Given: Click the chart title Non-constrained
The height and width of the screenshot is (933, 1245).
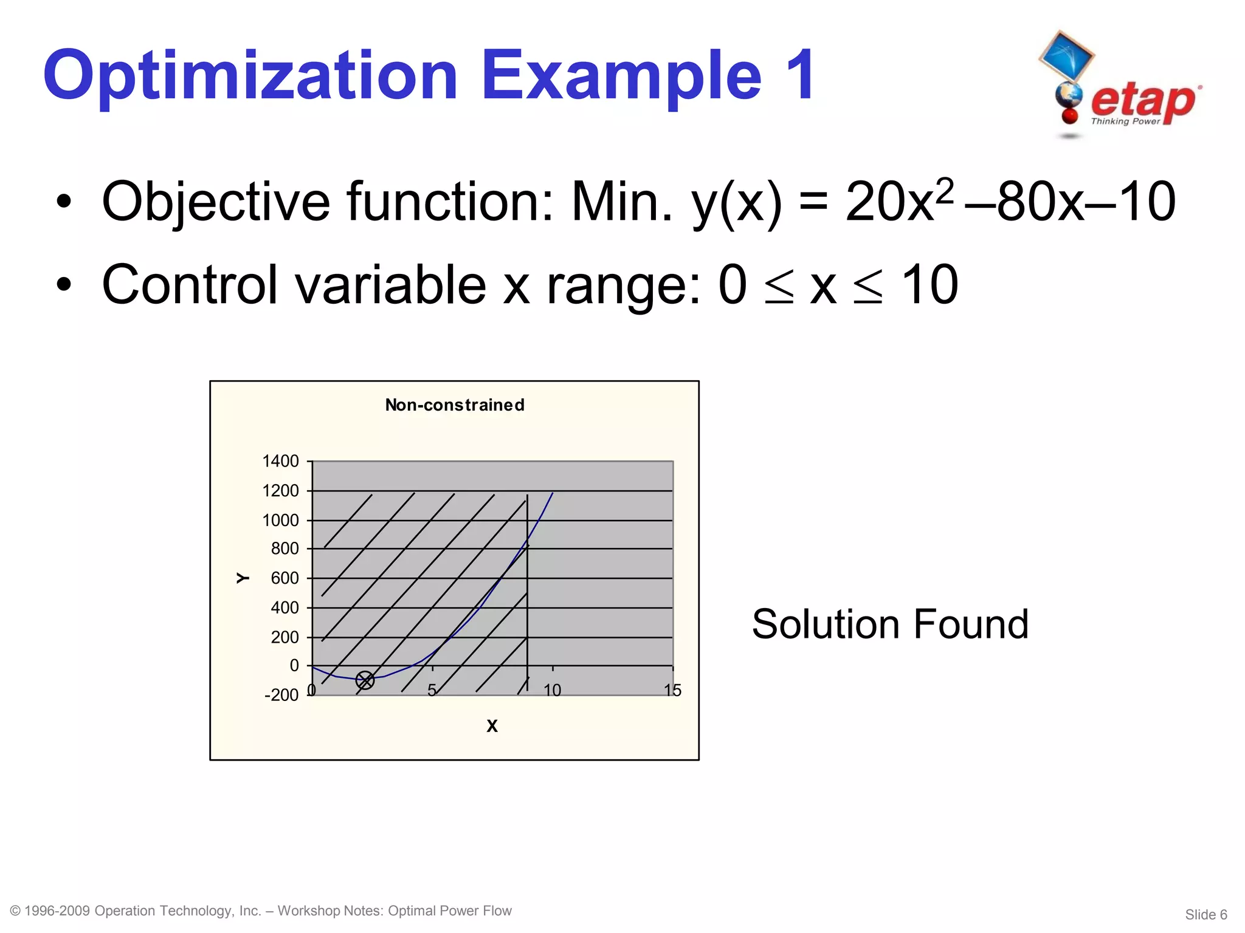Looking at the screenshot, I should click(455, 405).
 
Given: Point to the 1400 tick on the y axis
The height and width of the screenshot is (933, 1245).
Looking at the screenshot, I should click(280, 461).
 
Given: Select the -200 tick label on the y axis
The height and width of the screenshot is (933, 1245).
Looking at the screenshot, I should click(281, 695).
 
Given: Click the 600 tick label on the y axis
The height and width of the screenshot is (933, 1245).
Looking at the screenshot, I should click(285, 578).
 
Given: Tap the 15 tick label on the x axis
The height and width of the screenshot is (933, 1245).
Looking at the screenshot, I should click(672, 691).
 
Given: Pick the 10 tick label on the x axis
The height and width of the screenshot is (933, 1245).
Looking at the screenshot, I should click(552, 691).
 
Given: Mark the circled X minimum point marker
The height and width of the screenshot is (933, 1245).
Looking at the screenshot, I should click(365, 680).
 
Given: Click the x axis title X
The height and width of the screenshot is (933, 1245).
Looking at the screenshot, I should click(492, 726).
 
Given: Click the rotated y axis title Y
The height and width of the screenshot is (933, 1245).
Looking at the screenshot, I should click(243, 578).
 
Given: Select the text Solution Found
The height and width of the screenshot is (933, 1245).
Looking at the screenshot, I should click(890, 624).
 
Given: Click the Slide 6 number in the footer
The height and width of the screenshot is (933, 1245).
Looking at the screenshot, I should click(1206, 915).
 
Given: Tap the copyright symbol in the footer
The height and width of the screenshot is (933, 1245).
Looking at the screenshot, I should click(16, 911).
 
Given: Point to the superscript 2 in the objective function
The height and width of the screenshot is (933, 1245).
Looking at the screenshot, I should click(944, 191).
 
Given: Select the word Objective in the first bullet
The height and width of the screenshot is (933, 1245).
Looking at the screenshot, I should click(216, 202).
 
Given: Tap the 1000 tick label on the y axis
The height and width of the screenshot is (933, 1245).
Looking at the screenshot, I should click(280, 520).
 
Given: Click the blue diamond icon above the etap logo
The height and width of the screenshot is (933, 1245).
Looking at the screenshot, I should click(1067, 56).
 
